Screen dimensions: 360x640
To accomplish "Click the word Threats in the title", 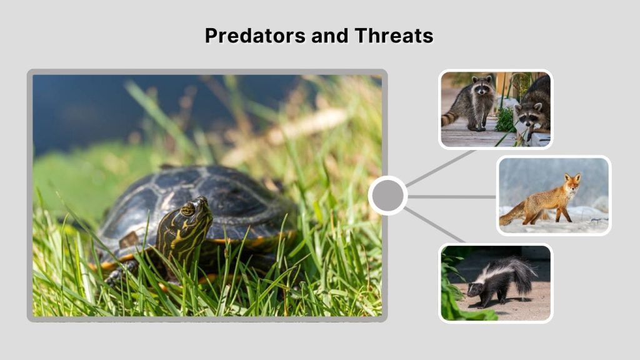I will point(394,36).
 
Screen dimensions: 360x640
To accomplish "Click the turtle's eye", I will point(187,209).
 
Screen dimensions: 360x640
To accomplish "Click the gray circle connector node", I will point(387,196).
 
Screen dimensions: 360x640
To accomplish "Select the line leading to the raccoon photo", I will point(441,167).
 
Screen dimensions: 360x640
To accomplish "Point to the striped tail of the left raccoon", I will point(450,117).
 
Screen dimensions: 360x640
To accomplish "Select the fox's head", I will point(572,182).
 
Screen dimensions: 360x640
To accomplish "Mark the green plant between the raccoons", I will point(505,119).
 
